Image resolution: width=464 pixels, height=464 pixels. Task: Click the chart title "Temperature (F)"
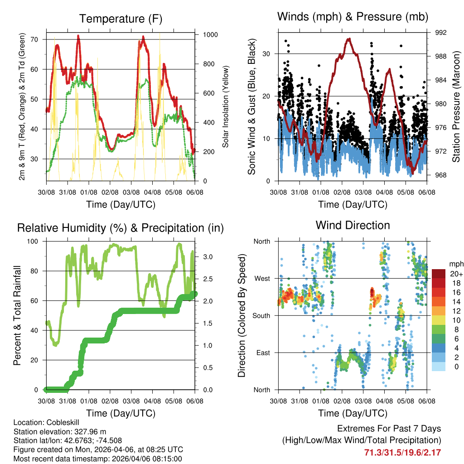(x=121, y=19)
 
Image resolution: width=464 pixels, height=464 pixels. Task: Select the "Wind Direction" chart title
(x=353, y=225)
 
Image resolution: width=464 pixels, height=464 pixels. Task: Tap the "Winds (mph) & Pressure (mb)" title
(x=353, y=17)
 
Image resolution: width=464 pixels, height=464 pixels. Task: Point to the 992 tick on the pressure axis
(x=440, y=33)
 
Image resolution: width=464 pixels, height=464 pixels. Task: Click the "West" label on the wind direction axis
(x=262, y=278)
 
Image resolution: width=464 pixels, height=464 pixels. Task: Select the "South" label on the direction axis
(x=261, y=315)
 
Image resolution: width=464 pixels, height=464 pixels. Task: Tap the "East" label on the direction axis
(x=263, y=353)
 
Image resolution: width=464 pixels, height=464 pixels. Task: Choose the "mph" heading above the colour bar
(x=455, y=264)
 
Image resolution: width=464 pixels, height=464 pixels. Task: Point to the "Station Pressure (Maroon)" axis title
(x=456, y=106)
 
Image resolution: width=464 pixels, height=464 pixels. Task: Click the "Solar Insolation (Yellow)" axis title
(x=226, y=106)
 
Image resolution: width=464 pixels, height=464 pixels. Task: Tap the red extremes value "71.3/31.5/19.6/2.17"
(x=402, y=452)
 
